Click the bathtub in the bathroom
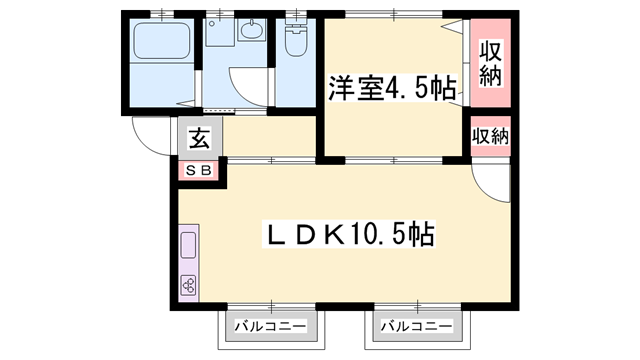click(162, 41)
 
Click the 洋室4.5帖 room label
click(392, 88)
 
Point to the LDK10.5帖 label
click(348, 234)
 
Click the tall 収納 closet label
click(490, 63)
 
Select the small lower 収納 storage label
click(490, 136)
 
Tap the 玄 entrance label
click(200, 138)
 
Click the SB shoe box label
click(198, 170)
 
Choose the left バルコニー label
click(271, 326)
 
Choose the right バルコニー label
click(417, 326)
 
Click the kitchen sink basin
click(188, 245)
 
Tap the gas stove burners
click(188, 285)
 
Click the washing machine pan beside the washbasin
click(220, 32)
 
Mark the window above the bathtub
click(162, 14)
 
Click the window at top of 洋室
click(394, 14)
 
